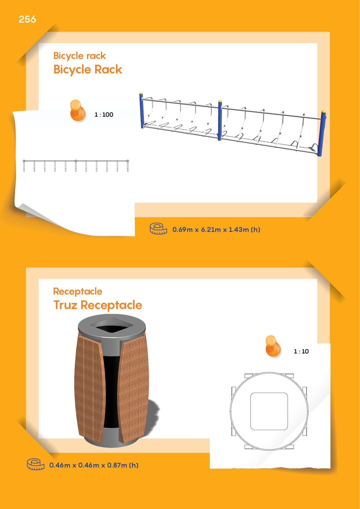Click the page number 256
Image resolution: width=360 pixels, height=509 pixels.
[27, 19]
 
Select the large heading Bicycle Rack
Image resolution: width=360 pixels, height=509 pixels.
[88, 69]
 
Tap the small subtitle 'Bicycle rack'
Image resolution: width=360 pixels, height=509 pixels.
[79, 56]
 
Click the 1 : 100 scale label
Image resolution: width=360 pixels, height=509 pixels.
[104, 115]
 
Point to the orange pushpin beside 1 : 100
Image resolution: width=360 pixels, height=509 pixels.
[78, 110]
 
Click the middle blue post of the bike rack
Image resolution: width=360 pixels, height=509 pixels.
[220, 120]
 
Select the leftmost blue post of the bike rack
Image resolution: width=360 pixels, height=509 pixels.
[142, 110]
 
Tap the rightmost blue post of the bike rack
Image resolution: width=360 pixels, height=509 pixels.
[322, 133]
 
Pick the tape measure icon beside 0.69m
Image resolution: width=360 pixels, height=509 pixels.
[158, 229]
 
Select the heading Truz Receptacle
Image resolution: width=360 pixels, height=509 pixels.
[98, 305]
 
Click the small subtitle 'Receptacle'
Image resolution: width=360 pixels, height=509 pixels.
[78, 291]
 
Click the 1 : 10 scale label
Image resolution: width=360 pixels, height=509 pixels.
[301, 351]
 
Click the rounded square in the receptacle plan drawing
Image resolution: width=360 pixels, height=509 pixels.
[269, 411]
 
